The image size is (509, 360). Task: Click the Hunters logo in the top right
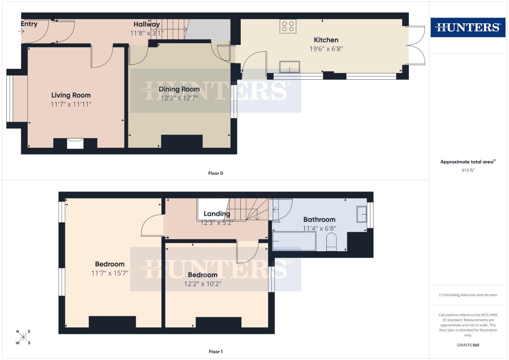point(468,27)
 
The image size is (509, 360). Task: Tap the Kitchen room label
point(326,40)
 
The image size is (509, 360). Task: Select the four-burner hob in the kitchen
point(288,26)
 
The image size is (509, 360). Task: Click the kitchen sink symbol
point(289,67)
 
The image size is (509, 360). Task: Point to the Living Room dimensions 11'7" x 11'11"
point(71,104)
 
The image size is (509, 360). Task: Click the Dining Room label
point(179,89)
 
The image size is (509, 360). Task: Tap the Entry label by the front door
point(29,24)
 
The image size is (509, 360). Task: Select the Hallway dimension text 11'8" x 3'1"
point(147,33)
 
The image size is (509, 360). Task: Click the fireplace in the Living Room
point(75,143)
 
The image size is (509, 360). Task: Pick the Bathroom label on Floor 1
point(319,219)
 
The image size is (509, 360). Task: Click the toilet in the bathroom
point(331,242)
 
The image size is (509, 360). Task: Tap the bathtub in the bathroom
point(294,241)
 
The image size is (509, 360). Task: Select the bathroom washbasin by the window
point(362,214)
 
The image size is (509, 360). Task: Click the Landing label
point(217,214)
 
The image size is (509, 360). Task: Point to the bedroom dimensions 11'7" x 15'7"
point(110,273)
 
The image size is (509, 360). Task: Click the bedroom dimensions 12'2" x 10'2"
point(203,284)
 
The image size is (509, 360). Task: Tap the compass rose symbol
point(23,337)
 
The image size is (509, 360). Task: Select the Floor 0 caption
point(215,173)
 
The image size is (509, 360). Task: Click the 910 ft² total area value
point(468,170)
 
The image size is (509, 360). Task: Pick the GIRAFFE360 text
point(468,345)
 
